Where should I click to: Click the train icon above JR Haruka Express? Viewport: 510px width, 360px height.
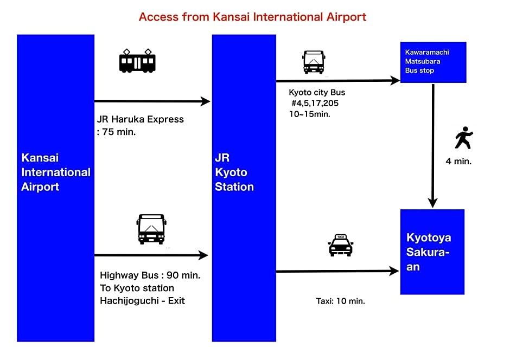point(137,61)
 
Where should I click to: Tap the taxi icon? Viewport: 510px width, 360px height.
point(341,245)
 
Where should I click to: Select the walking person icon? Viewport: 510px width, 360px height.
point(463,138)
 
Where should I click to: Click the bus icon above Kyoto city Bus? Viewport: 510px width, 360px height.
point(314,62)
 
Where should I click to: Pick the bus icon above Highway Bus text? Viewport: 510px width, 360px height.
point(151,229)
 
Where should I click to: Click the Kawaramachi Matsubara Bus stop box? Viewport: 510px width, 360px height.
point(433,62)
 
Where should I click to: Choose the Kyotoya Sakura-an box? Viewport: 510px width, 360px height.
point(432,252)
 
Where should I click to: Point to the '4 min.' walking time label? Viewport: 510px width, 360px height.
point(458,161)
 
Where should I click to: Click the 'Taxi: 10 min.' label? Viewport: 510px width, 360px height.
point(340,301)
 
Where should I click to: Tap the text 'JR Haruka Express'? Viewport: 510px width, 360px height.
point(140,119)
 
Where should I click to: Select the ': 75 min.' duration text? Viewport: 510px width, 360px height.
point(116,132)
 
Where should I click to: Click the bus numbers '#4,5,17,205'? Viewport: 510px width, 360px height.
point(315,104)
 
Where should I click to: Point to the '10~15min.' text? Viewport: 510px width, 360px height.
point(309,114)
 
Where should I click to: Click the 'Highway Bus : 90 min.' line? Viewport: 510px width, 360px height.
point(150,275)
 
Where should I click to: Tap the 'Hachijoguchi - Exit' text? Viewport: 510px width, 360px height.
point(142,300)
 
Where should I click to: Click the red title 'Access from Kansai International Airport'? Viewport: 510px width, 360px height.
point(252,17)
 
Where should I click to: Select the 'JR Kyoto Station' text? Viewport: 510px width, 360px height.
point(234,172)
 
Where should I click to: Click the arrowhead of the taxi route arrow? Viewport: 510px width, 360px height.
point(394,271)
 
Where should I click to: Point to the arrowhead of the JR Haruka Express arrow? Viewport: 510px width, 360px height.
point(205,101)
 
